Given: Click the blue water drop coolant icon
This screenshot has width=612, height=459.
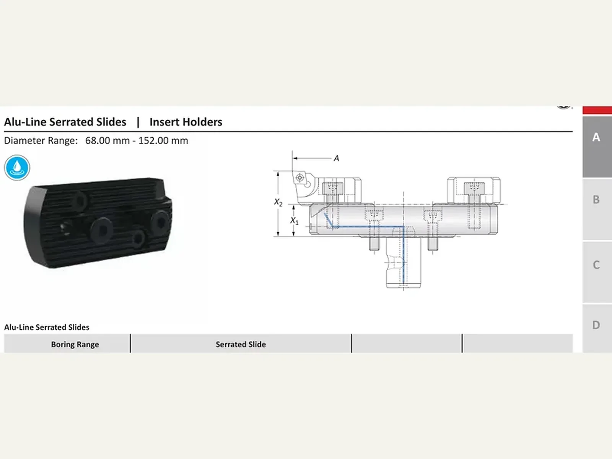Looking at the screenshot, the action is click(17, 168).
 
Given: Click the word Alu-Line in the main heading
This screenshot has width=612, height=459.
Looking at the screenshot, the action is click(25, 122).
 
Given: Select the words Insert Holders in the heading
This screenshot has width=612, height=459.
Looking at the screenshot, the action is click(186, 122).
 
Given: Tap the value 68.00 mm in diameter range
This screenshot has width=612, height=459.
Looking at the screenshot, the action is click(107, 140).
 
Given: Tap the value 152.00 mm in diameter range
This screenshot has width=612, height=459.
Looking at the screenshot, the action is click(163, 140).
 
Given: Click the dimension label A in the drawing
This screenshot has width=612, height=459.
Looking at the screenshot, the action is click(337, 158).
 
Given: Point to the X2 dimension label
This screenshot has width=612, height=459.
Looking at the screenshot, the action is click(278, 202).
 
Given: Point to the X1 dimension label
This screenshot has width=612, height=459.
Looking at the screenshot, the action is click(294, 221).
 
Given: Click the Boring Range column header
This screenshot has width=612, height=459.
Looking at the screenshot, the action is click(75, 345).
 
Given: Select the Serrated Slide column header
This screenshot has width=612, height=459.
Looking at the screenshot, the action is click(241, 345).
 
